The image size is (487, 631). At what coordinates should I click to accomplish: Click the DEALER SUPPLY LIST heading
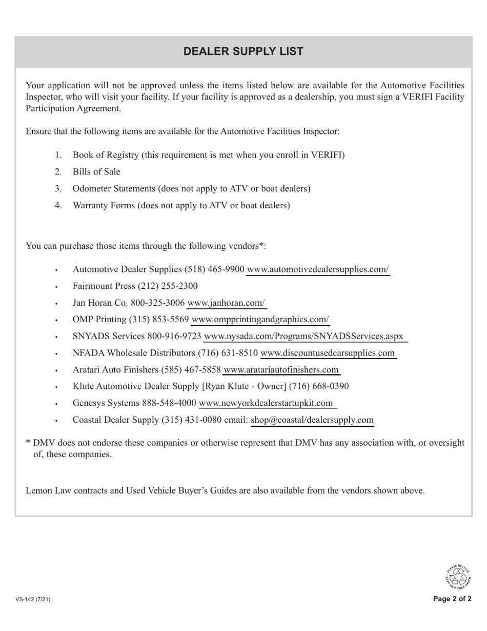(243, 51)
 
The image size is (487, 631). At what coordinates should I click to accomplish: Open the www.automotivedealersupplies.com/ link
(318, 269)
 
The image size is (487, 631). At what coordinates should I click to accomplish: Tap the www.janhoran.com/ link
(226, 303)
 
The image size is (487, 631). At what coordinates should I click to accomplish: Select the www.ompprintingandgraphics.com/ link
(260, 320)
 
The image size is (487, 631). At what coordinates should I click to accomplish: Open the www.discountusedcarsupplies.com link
(328, 353)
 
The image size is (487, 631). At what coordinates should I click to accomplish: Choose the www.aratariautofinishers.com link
(281, 370)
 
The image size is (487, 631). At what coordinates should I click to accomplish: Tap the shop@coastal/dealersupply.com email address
(312, 420)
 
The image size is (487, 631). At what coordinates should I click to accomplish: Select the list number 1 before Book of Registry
(58, 155)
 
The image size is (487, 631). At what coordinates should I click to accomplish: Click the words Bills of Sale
(96, 172)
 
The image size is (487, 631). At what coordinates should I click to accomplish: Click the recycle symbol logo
(457, 576)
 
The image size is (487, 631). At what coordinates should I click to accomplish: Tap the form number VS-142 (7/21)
(33, 599)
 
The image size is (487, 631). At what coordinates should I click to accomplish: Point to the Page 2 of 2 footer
(452, 599)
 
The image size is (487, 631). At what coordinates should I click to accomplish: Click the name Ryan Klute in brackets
(227, 386)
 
